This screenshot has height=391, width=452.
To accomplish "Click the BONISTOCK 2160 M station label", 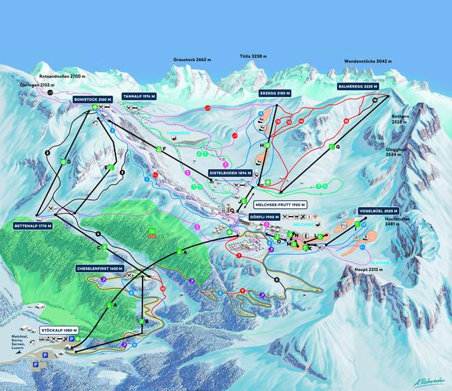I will (92, 100).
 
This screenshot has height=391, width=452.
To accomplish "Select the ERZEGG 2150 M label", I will (274, 92).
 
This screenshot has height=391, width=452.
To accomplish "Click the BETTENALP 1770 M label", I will (33, 226).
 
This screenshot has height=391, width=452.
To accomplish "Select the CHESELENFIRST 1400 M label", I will (100, 268).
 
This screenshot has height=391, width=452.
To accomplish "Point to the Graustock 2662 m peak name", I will (192, 60).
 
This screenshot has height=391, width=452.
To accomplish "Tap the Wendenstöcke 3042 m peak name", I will (370, 60).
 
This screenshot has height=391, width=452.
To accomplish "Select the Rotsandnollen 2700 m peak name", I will (63, 76).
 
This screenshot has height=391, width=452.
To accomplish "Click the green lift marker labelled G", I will (338, 147).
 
